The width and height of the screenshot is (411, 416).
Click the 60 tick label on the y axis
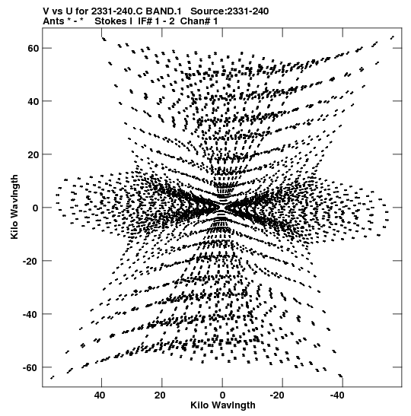pyautogui.click(x=33, y=48)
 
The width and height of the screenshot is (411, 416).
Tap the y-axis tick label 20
pyautogui.click(x=33, y=154)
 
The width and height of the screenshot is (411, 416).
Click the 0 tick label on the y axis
pyautogui.click(x=36, y=208)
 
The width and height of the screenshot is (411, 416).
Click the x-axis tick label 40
pyautogui.click(x=100, y=395)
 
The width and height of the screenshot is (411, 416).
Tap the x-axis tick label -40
pyautogui.click(x=337, y=395)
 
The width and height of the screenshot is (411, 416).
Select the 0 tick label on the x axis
pyautogui.click(x=222, y=395)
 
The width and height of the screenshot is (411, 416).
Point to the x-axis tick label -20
pyautogui.click(x=277, y=395)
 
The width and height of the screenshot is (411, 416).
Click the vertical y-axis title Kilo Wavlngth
pyautogui.click(x=14, y=207)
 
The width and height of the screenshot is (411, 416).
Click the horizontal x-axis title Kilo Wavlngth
pyautogui.click(x=223, y=405)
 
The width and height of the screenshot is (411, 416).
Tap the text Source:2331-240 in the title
pyautogui.click(x=230, y=11)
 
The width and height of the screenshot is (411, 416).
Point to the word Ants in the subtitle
pyautogui.click(x=53, y=21)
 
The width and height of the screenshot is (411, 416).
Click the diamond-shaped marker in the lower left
pyautogui.click(x=83, y=345)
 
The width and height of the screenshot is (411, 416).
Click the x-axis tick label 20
pyautogui.click(x=160, y=395)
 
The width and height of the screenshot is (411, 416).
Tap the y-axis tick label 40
pyautogui.click(x=33, y=101)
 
